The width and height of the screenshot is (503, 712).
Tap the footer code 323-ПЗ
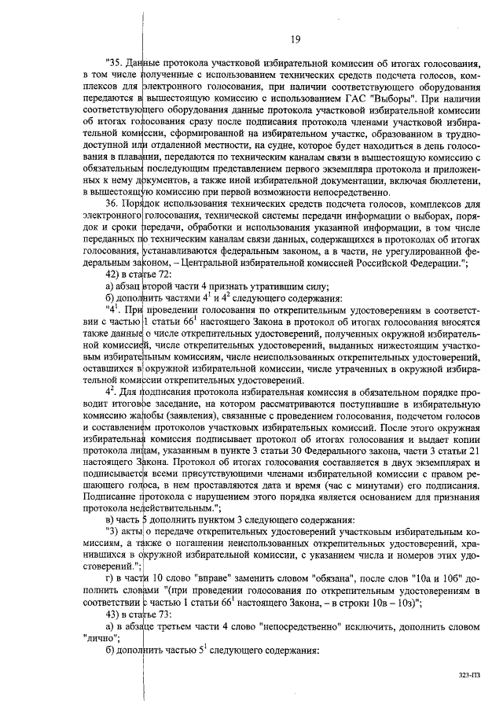click(468, 674)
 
